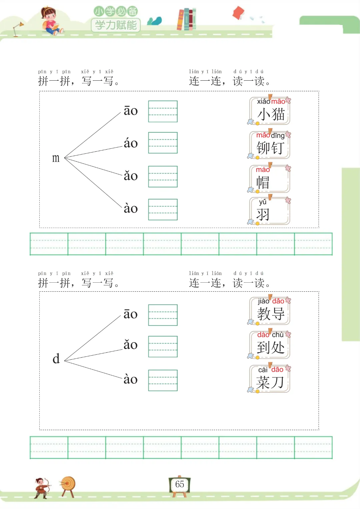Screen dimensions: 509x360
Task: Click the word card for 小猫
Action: [x=270, y=111]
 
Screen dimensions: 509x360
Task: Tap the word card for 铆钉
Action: [x=270, y=145]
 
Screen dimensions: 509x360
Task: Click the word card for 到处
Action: [x=270, y=345]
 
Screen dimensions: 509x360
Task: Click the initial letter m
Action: [x=56, y=158]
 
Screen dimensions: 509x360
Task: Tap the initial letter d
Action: [x=56, y=359]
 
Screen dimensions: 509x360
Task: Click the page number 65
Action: [x=180, y=484]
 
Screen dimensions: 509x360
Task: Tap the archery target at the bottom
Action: [x=68, y=485]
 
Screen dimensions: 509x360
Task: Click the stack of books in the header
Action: [x=187, y=19]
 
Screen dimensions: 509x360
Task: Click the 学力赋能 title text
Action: [x=116, y=25]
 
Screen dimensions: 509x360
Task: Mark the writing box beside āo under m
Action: [x=163, y=111]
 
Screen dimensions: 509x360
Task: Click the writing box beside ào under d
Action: [x=163, y=380]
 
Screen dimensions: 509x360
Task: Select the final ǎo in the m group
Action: [x=131, y=176]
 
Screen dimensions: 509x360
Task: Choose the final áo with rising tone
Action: [x=131, y=143]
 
